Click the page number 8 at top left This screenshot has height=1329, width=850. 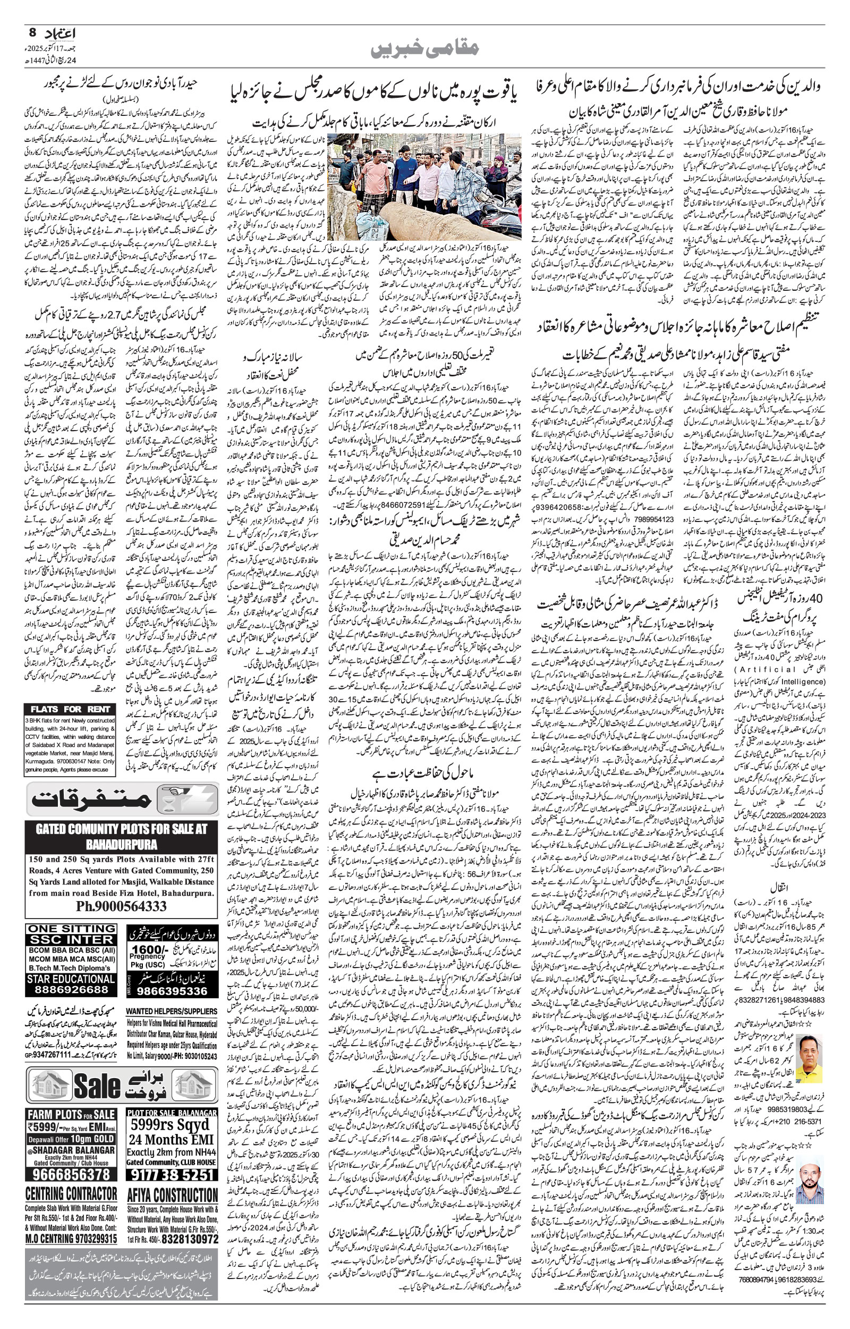pos(31,32)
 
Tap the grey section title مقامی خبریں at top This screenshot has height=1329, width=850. pos(424,48)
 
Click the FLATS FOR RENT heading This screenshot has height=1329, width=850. pos(71,709)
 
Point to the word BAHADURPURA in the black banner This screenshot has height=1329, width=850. pos(122,845)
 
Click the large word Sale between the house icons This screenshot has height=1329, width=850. pos(97,1086)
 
